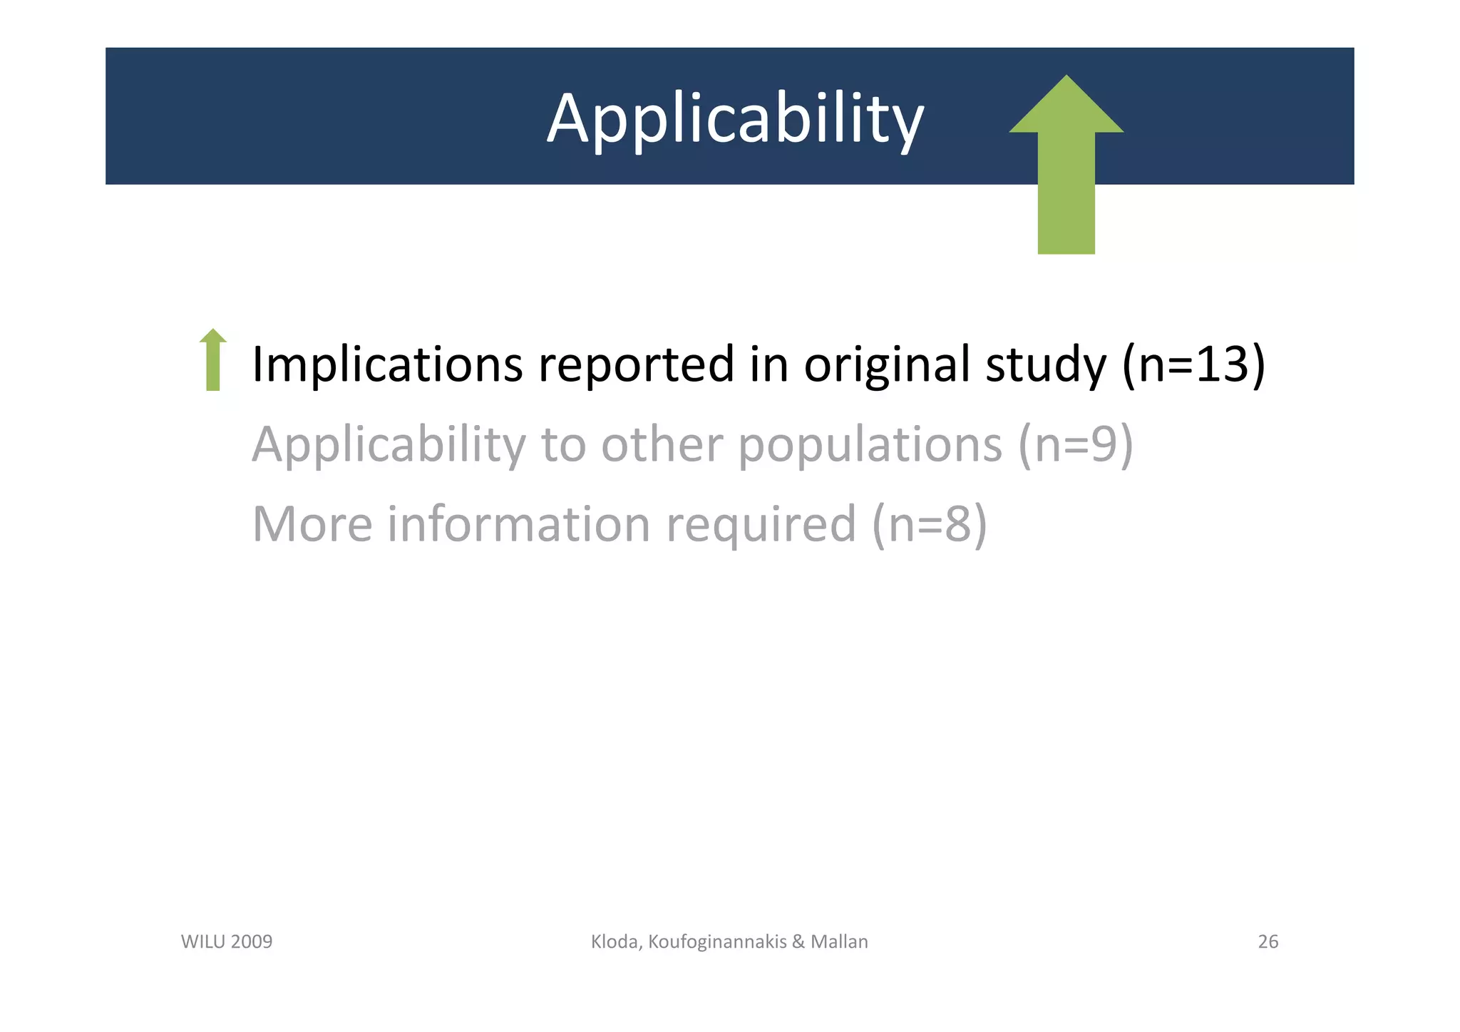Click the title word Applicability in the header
(735, 118)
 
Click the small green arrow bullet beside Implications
(212, 360)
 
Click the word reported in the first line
(636, 364)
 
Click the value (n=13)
(1194, 364)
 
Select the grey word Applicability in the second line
(389, 444)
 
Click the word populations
(870, 444)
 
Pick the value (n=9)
(1075, 444)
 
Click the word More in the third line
(312, 524)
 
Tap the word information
(519, 524)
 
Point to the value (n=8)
(930, 524)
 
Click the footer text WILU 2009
(227, 942)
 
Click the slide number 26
(1268, 942)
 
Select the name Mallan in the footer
(839, 942)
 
